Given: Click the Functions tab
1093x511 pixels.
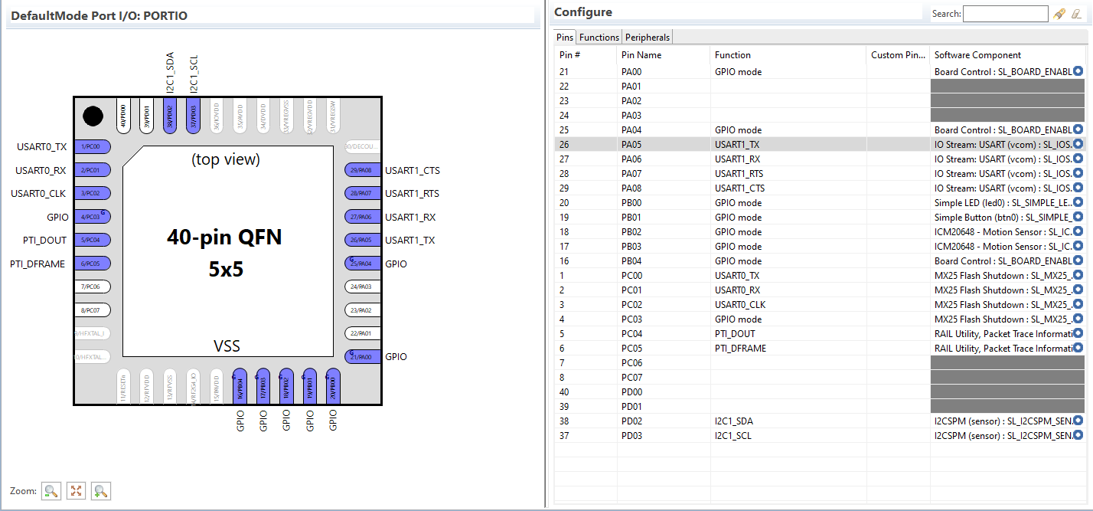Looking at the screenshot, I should click(x=599, y=38).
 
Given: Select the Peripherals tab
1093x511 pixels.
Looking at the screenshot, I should click(x=648, y=38).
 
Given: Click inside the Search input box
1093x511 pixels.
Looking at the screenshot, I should click(x=1005, y=14).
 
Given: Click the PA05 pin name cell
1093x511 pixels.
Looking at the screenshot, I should click(x=631, y=144).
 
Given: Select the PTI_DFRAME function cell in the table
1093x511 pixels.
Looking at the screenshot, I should click(x=740, y=349).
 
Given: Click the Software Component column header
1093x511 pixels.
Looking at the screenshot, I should click(x=977, y=55).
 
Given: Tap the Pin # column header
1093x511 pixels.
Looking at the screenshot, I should click(x=570, y=55).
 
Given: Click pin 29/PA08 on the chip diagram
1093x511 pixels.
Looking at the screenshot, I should click(x=363, y=171).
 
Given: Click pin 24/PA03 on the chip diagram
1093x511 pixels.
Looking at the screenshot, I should click(x=363, y=287).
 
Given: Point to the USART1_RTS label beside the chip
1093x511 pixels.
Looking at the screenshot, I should click(x=413, y=194).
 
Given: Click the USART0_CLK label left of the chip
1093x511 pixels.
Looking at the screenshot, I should click(x=39, y=194).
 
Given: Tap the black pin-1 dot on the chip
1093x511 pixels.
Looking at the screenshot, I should click(x=93, y=116).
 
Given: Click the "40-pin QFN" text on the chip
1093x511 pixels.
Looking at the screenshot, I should click(x=224, y=237).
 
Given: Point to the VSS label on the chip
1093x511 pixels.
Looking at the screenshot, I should click(x=227, y=346).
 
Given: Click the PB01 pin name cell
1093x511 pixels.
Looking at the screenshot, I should click(x=631, y=218).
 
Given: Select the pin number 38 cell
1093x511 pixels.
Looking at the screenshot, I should click(x=564, y=421).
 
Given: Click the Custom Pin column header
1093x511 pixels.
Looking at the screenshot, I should click(x=897, y=55).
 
